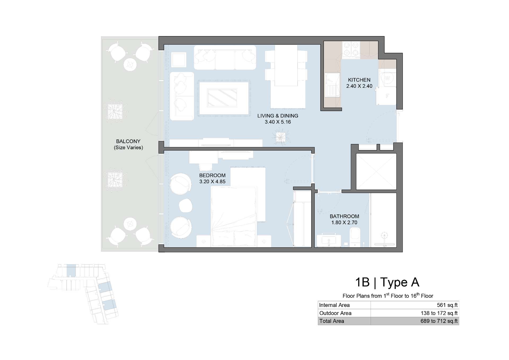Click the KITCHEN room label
(x=359, y=80)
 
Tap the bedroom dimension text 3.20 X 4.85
(x=212, y=182)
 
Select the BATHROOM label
(x=344, y=216)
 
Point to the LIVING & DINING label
(x=278, y=116)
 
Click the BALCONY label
(x=128, y=141)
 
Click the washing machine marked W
(x=388, y=78)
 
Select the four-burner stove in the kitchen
(x=351, y=50)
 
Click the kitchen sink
(x=332, y=85)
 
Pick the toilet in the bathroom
(x=355, y=237)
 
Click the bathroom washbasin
(x=329, y=240)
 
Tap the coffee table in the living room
(x=222, y=98)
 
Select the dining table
(x=286, y=65)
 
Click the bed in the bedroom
(x=234, y=217)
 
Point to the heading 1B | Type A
(x=387, y=282)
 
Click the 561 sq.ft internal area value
(x=447, y=305)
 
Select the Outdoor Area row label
(x=335, y=313)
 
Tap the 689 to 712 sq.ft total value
(x=439, y=321)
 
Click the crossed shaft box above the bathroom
(x=376, y=172)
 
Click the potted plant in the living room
(x=280, y=137)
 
